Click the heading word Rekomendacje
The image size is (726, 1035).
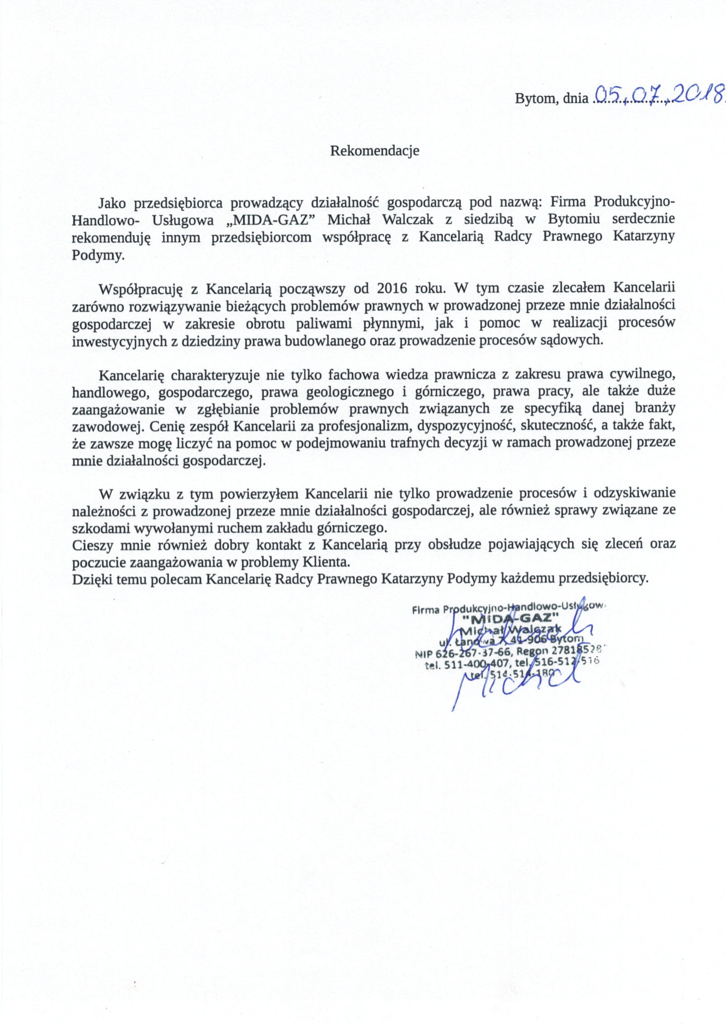[x=374, y=151]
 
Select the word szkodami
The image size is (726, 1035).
[x=93, y=528]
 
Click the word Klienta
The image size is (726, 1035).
[x=326, y=563]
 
